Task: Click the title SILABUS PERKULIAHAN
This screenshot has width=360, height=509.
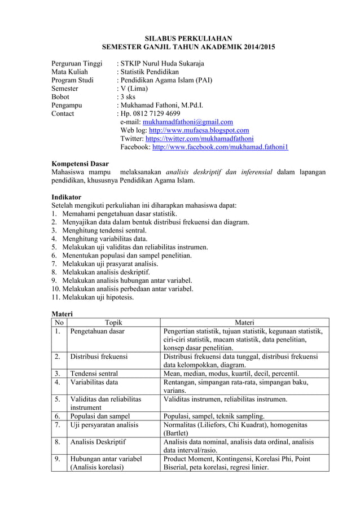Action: pos(180,38)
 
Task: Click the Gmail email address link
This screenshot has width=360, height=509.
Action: pos(188,122)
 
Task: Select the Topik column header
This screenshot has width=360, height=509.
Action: pos(113,323)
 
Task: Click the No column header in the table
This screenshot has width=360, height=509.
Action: pos(59,323)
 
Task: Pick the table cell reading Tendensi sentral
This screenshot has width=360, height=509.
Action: pos(94,374)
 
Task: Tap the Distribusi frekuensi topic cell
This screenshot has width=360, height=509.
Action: pos(99,357)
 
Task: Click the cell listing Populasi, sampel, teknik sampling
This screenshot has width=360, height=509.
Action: pos(214,416)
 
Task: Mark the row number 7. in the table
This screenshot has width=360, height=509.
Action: pos(58,425)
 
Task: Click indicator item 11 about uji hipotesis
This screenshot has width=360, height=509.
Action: pos(93,297)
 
